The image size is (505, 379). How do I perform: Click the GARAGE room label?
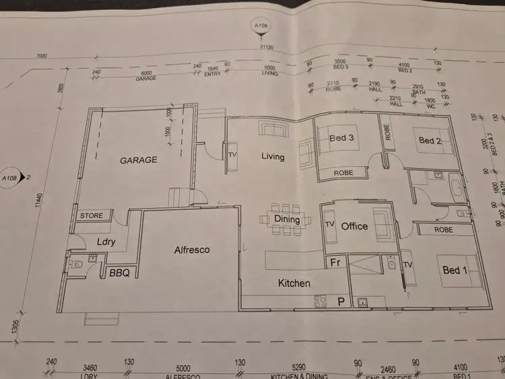coord(139,160)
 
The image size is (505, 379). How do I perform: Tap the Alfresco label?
coord(192,250)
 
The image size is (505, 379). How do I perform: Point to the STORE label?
coord(92,216)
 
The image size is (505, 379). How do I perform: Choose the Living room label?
coord(273,157)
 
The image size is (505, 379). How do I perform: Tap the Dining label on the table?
coord(288,219)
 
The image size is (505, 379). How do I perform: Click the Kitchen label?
coord(294,283)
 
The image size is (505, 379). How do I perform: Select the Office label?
coord(354,226)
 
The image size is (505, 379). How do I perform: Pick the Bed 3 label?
coord(342,139)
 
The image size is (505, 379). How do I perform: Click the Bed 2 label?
coord(430,141)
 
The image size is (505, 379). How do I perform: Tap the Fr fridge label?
coord(335,263)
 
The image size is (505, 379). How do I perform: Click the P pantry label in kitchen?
coord(341,302)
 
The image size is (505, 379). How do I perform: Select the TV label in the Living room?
coord(233,154)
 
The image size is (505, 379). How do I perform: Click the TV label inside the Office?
coord(330,223)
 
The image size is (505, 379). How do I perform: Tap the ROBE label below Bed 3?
coord(343,174)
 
